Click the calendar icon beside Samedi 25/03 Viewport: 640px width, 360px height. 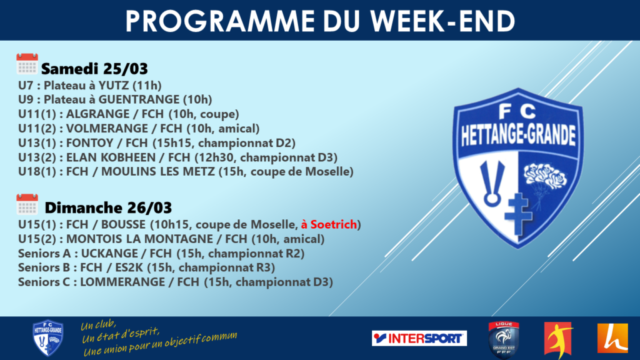click(x=27, y=64)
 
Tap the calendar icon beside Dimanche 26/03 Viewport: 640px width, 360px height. click(x=27, y=204)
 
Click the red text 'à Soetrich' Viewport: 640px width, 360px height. click(x=329, y=224)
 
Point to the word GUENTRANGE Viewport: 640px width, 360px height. click(x=139, y=99)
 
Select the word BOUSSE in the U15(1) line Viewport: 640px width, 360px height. click(x=123, y=224)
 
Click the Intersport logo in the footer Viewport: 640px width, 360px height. click(x=419, y=338)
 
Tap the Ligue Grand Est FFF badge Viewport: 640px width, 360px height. click(x=504, y=339)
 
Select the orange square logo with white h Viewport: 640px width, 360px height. click(x=612, y=338)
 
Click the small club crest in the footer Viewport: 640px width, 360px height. click(x=47, y=338)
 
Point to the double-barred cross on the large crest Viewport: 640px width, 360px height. click(x=518, y=214)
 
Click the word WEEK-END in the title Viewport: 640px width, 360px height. click(x=443, y=21)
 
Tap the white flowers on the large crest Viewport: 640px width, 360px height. click(x=545, y=176)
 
